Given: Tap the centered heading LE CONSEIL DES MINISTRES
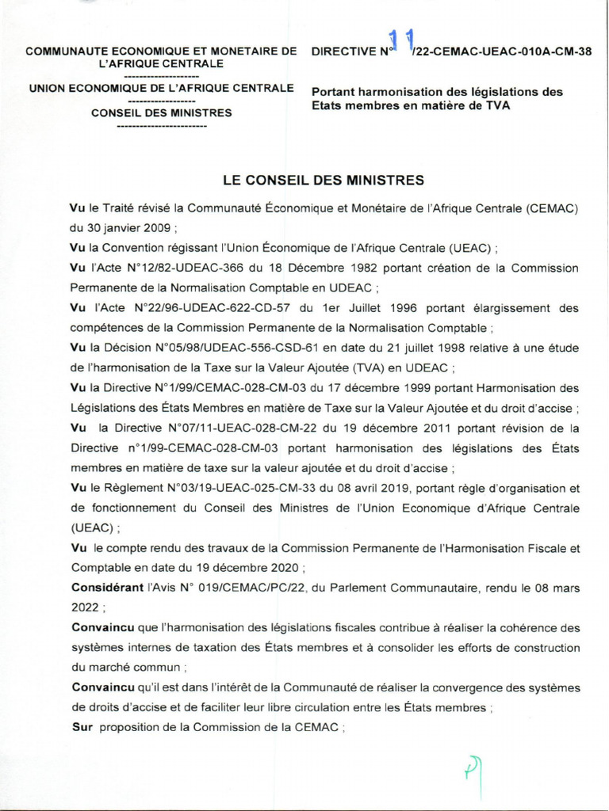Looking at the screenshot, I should (324, 181).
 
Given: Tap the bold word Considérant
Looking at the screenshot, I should (105, 588).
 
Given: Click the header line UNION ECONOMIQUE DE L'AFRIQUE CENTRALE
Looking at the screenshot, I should (161, 87).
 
